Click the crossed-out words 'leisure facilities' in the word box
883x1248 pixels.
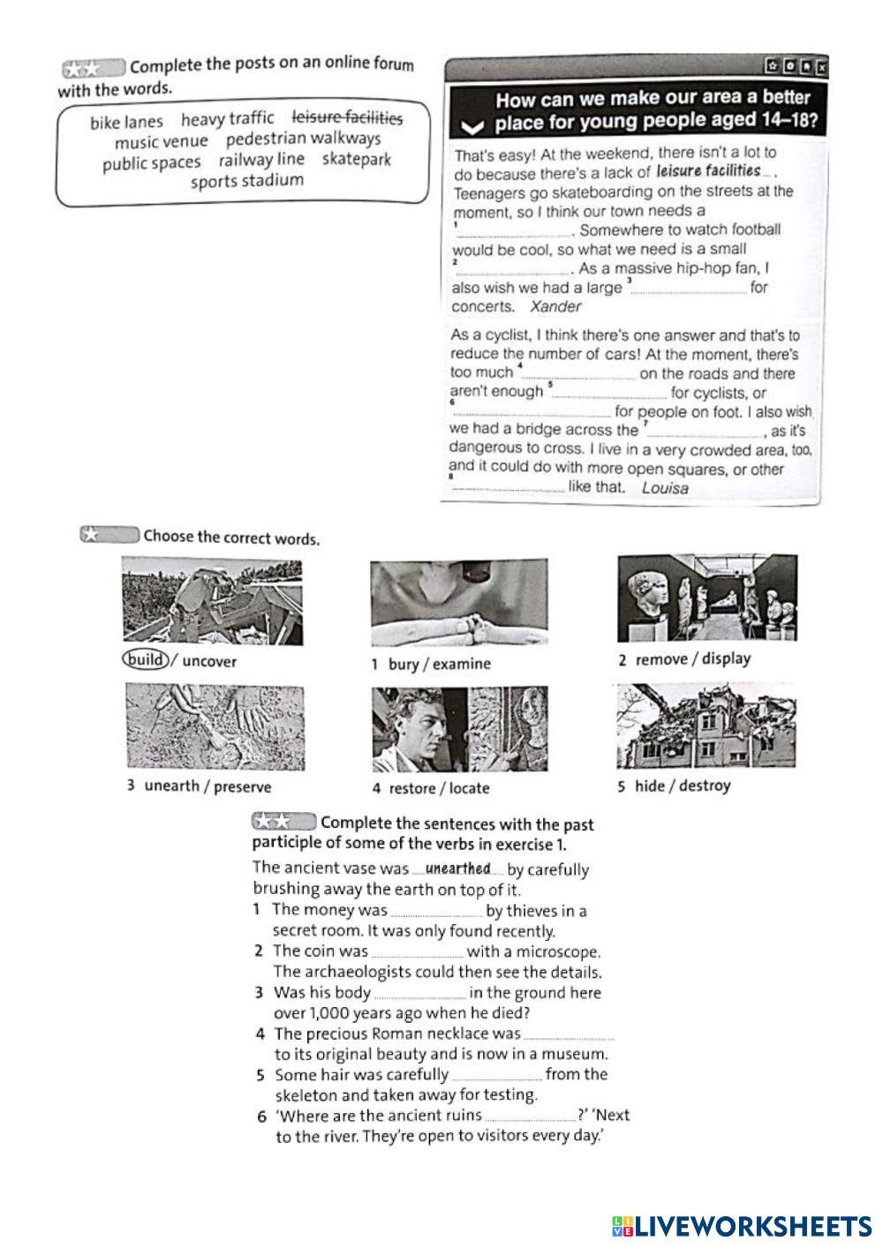tap(347, 117)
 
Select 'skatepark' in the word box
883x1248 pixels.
tap(356, 160)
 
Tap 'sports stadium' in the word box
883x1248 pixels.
tap(246, 181)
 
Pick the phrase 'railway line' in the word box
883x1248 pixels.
tap(261, 160)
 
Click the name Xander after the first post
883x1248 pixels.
tap(555, 307)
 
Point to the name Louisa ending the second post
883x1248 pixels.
tap(665, 488)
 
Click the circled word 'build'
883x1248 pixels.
tap(145, 660)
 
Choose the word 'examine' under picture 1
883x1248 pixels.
tap(462, 664)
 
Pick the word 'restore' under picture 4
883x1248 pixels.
tap(411, 788)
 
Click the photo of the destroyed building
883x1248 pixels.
tap(706, 726)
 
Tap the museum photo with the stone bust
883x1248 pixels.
tap(706, 598)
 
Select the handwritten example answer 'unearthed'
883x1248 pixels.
tap(457, 868)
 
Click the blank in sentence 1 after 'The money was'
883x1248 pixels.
tap(436, 912)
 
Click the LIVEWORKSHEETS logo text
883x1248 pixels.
tap(751, 1225)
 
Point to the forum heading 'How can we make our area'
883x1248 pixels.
tap(652, 99)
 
